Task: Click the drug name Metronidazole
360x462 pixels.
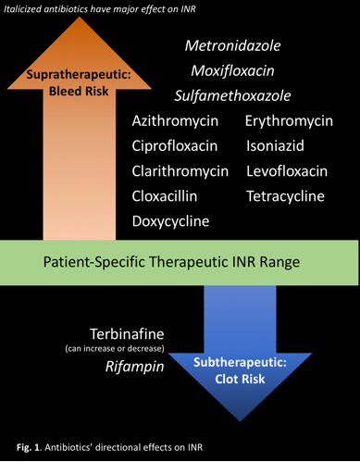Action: click(x=232, y=45)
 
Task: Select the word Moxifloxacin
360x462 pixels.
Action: click(x=232, y=70)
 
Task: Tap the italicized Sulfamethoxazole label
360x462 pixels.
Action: click(x=232, y=95)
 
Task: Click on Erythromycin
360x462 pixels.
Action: click(x=289, y=121)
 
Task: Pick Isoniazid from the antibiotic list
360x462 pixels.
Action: click(x=276, y=146)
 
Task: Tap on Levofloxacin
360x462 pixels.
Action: click(x=287, y=171)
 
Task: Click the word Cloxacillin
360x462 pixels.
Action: click(x=171, y=196)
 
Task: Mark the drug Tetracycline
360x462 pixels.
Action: click(x=285, y=196)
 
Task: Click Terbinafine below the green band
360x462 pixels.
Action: click(x=126, y=332)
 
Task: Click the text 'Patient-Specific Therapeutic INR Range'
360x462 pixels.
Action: click(x=172, y=262)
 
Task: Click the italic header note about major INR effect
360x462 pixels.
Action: click(x=104, y=9)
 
